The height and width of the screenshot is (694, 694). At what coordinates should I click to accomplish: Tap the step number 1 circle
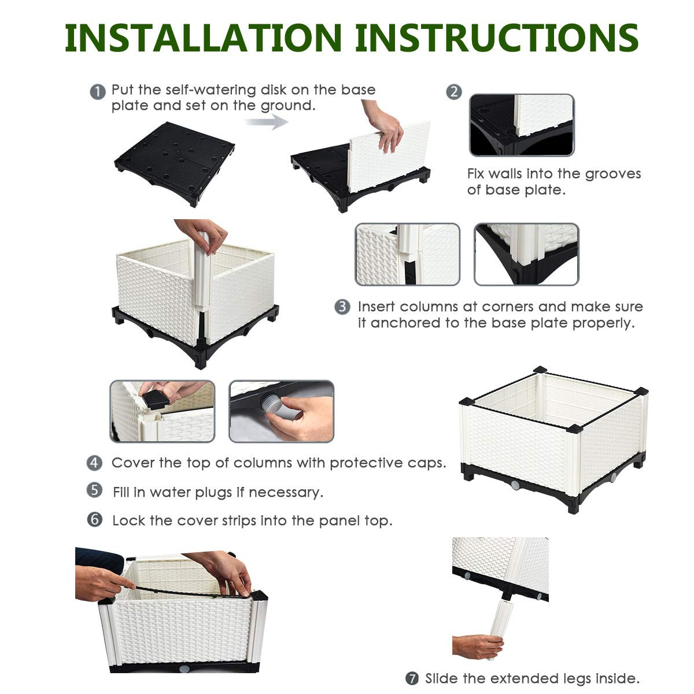[98, 91]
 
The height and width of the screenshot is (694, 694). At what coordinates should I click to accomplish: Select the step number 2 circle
[455, 91]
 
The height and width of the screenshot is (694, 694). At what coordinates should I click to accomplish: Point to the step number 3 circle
[343, 307]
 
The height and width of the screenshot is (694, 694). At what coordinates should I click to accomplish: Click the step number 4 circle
[95, 463]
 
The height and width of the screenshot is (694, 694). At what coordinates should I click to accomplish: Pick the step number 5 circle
[95, 491]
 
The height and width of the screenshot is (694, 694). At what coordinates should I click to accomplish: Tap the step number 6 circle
[95, 519]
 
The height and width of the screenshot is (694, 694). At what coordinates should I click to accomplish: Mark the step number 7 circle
[412, 678]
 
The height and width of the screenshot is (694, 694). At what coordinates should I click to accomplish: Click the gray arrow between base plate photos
[267, 121]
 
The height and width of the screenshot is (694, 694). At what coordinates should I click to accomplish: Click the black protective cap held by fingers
[156, 398]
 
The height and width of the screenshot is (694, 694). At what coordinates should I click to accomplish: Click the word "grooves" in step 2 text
[612, 174]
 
